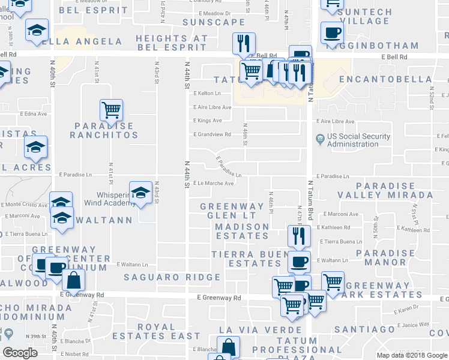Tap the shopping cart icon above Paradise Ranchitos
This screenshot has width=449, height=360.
(x=111, y=110)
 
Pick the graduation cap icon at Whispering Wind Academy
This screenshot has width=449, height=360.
(x=140, y=193)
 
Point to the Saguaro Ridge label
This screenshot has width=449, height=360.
(x=172, y=277)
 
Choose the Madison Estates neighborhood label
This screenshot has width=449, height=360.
(x=242, y=232)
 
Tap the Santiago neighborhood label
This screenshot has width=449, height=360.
(x=364, y=329)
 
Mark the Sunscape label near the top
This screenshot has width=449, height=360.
(x=206, y=22)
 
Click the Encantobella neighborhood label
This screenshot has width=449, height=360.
(x=378, y=79)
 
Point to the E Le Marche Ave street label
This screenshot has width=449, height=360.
(x=213, y=184)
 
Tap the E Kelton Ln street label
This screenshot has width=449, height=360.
(x=207, y=94)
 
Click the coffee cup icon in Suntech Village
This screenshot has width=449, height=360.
(x=331, y=32)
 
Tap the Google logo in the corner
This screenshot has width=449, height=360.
(x=20, y=353)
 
